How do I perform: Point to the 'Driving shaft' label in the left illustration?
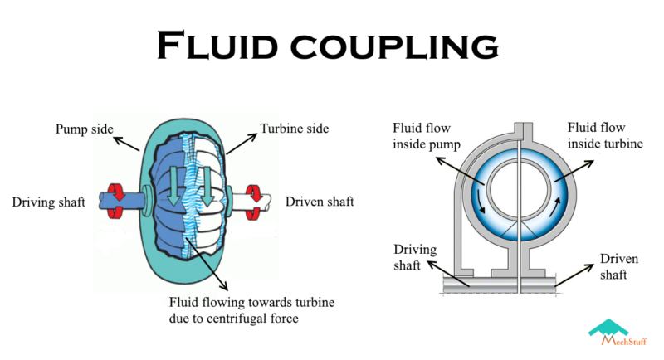(x=48, y=202)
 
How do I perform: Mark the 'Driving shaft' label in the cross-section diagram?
(x=413, y=255)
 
